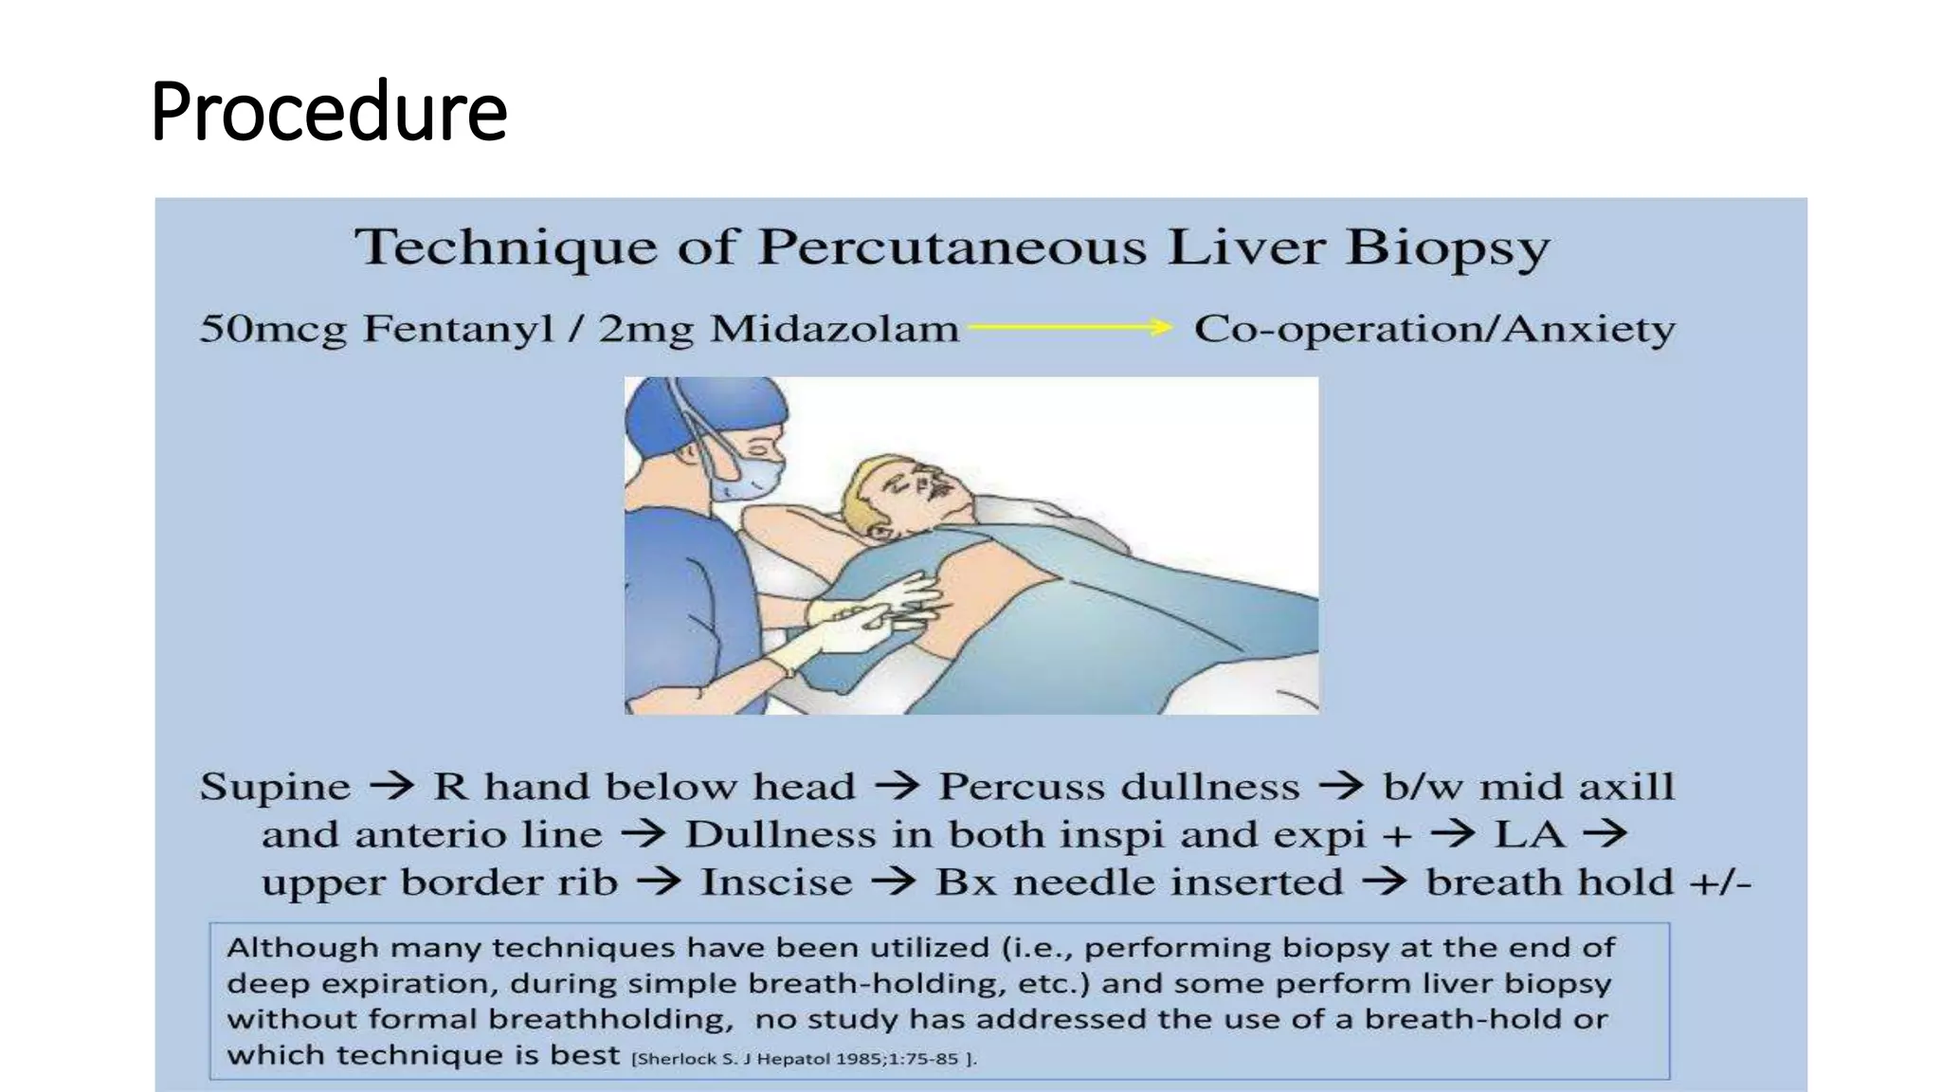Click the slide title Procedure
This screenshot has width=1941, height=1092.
tap(328, 112)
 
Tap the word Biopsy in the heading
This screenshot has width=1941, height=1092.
tap(1447, 248)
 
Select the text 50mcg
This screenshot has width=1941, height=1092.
tap(273, 329)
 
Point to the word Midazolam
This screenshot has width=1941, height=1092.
tap(834, 329)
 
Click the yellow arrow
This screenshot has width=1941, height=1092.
tap(1069, 328)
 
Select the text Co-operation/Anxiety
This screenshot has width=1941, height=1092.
tap(1434, 329)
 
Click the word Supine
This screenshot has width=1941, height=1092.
tap(275, 787)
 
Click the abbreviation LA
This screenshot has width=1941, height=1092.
tap(1529, 835)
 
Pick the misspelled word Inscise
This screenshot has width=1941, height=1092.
tap(776, 883)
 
